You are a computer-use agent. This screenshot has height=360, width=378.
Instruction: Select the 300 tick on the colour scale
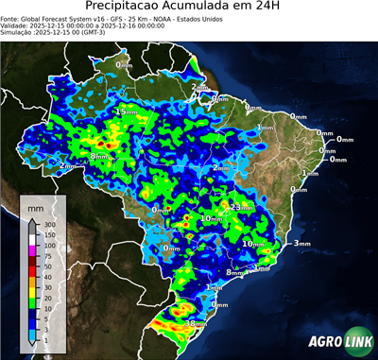click(x=47, y=224)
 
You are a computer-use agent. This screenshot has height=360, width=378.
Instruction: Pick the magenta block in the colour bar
click(x=32, y=251)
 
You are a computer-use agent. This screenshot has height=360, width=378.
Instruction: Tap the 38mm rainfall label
click(x=196, y=323)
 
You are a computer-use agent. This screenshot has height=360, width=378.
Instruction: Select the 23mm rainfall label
click(x=236, y=206)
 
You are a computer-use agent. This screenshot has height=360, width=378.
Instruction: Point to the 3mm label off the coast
click(x=301, y=244)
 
